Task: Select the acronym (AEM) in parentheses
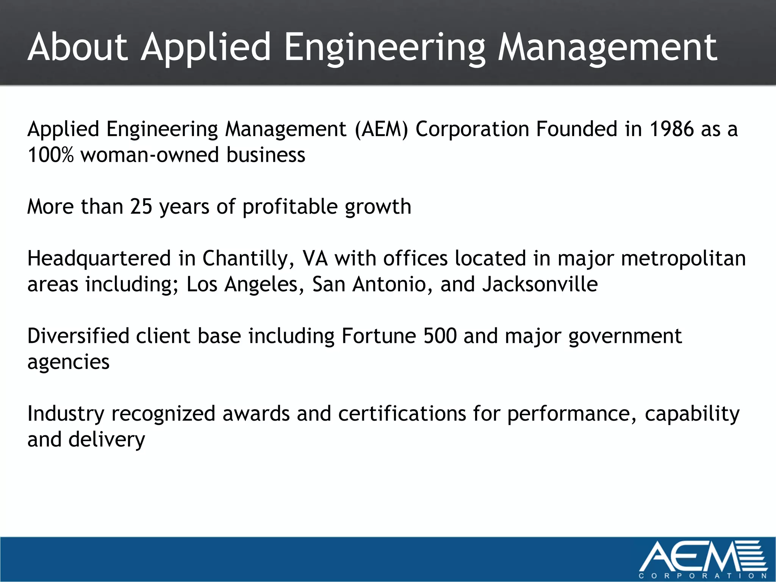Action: [382, 129]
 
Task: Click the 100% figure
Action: [50, 155]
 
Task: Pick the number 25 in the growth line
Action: [141, 207]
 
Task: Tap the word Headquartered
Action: [99, 259]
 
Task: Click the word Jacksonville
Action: [540, 285]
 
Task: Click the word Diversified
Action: [78, 336]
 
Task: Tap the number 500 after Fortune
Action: [440, 336]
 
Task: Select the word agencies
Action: [69, 362]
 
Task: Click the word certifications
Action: [402, 414]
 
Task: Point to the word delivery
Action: [106, 440]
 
